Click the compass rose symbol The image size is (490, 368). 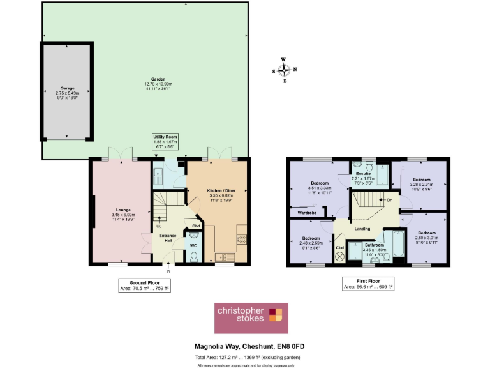pyautogui.click(x=285, y=70)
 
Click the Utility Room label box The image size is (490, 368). pyautogui.click(x=164, y=141)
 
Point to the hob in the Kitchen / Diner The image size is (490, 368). pyautogui.click(x=241, y=240)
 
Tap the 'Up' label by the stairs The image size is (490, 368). pyautogui.click(x=158, y=226)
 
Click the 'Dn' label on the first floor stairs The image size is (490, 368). pyautogui.click(x=389, y=200)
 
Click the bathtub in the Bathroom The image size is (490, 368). pyautogui.click(x=398, y=248)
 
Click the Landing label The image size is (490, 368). pyautogui.click(x=362, y=229)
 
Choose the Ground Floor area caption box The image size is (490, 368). pyautogui.click(x=144, y=285)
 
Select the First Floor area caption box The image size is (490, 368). pyautogui.click(x=369, y=284)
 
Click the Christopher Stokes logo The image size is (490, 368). pyautogui.click(x=251, y=318)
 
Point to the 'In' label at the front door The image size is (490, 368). pyautogui.click(x=168, y=271)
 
